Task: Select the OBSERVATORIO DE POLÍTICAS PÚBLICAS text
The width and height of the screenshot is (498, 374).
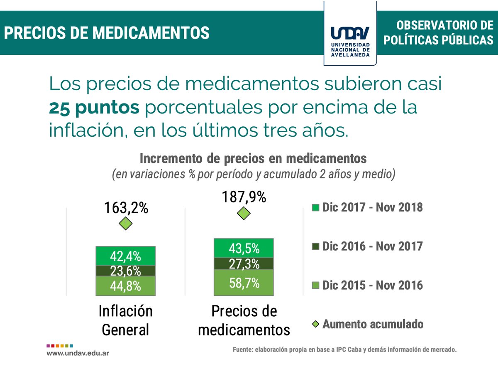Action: click(x=438, y=33)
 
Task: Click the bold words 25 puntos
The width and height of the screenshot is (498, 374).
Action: click(x=94, y=108)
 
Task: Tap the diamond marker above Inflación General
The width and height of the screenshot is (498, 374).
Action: click(x=125, y=224)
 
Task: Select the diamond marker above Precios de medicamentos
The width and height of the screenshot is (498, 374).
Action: click(x=244, y=214)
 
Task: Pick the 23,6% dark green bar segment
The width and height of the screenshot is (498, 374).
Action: click(x=125, y=271)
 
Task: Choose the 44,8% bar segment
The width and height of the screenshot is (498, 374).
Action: click(x=125, y=286)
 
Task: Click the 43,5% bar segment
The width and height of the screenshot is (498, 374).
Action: click(x=244, y=249)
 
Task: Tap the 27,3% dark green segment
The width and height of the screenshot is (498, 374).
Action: click(x=244, y=264)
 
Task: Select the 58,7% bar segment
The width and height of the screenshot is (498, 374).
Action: click(x=244, y=283)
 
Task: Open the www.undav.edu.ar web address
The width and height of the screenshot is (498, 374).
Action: click(x=78, y=353)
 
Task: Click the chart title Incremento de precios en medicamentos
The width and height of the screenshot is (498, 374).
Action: click(x=253, y=159)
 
